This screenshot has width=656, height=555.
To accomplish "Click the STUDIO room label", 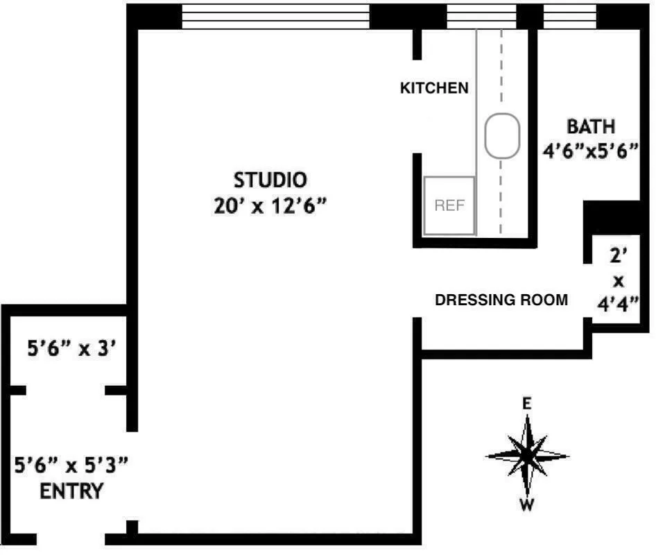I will coord(270,180).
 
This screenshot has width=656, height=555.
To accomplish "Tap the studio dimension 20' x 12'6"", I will coord(270,207).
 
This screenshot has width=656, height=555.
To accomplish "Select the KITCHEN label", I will coord(434,88).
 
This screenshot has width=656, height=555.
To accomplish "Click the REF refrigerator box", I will coord(449,205).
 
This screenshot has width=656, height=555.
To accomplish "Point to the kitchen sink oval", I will coord(502,135).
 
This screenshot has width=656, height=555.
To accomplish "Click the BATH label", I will coord(591,127).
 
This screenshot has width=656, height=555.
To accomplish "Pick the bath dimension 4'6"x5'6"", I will coord(591,151).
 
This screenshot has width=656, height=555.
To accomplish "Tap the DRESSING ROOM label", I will coord(501,300).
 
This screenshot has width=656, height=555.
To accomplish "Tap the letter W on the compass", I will coord(528,505).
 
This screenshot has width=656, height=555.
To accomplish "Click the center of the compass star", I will coord(527,455).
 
